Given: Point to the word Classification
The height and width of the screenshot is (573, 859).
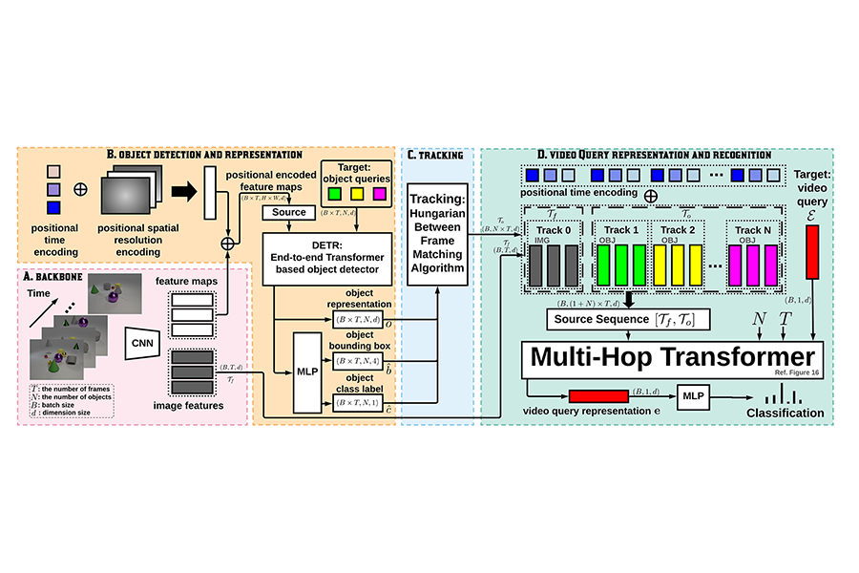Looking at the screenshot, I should pyautogui.click(x=786, y=413).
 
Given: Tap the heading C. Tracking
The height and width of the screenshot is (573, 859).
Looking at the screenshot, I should pyautogui.click(x=435, y=155).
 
